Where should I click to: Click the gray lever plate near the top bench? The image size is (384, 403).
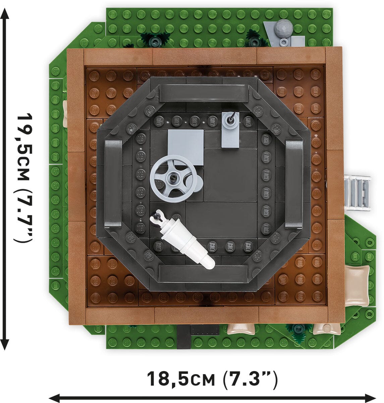click(231, 129)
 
